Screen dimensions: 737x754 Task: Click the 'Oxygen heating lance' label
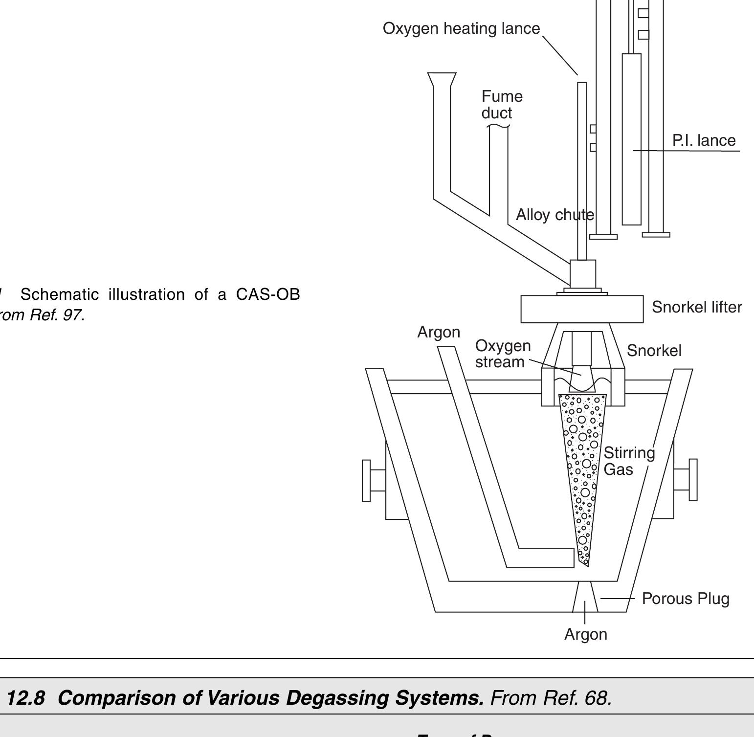coord(461,28)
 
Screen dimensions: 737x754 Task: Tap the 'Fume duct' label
coord(502,104)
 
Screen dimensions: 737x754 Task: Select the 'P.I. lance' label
coord(704,140)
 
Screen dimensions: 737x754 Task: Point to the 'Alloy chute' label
coord(554,215)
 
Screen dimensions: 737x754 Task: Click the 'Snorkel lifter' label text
coord(697,307)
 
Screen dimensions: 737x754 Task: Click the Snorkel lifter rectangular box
coord(582,309)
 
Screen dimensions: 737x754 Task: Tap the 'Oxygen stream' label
coord(503,354)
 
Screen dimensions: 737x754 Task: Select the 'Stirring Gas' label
coord(629,461)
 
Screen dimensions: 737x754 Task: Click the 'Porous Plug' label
coord(686,599)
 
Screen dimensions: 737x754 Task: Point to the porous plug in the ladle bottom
coord(585,596)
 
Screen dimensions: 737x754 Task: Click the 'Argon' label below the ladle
coord(586,634)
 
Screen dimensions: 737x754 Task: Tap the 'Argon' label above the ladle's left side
coord(439,332)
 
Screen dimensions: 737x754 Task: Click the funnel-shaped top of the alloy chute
coord(442,79)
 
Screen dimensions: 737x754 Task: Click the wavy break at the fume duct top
coord(498,127)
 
